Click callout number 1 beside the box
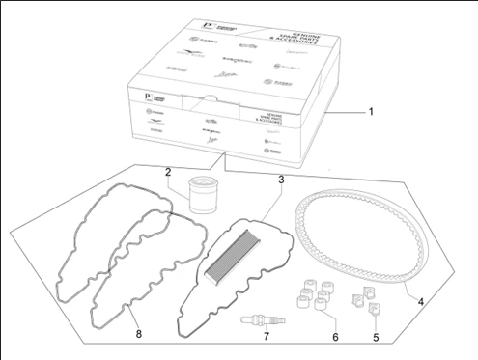[374, 113]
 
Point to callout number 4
[421, 300]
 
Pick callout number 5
[375, 338]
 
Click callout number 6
[335, 338]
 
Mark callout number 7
[266, 338]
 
